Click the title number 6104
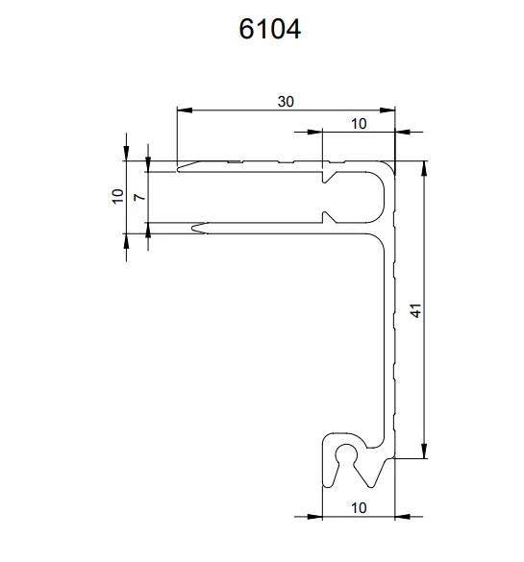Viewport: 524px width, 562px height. tap(270, 29)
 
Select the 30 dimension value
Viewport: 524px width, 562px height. tap(287, 101)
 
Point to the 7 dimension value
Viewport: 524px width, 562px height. tap(138, 196)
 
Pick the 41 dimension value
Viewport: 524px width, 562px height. tap(414, 310)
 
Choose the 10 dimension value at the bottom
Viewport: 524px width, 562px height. tap(358, 506)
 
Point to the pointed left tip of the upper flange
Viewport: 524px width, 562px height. tap(180, 168)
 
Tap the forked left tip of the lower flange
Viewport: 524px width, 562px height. tap(195, 229)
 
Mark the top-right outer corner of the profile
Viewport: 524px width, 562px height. tap(395, 162)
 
